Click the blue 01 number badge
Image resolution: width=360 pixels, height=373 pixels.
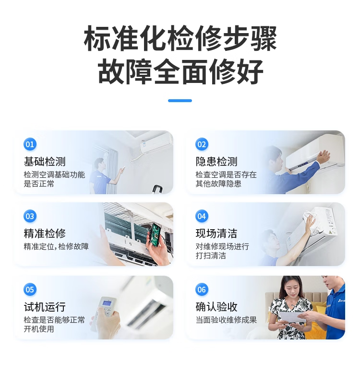(30, 144)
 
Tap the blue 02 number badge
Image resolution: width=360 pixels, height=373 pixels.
(202, 144)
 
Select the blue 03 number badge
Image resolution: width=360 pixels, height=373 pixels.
(30, 216)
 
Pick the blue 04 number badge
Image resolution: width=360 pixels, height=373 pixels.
(202, 216)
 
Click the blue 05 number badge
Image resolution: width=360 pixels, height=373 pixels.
(30, 290)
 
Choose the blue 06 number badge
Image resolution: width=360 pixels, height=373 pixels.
(202, 290)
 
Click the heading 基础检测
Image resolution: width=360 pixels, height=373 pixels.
(45, 162)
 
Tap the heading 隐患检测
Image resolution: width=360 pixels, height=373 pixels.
(216, 162)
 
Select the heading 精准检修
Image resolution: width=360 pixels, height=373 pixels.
(45, 233)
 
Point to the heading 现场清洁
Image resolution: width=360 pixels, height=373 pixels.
(216, 233)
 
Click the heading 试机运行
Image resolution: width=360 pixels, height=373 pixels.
(45, 307)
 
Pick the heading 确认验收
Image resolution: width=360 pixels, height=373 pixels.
(216, 307)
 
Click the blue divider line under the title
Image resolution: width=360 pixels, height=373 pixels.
(180, 101)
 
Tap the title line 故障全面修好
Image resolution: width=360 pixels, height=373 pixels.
(180, 72)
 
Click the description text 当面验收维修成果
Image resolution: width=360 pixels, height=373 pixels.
(226, 320)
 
